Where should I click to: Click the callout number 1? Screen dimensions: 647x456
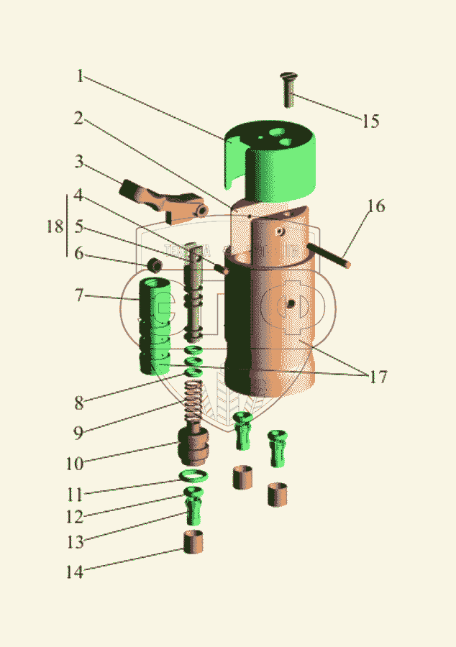tap(81, 76)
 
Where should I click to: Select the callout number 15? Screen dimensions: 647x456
tap(370, 121)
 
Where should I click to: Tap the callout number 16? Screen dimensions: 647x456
tap(376, 207)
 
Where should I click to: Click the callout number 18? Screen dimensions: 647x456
tap(53, 226)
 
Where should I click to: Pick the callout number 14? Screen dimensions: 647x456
tap(74, 572)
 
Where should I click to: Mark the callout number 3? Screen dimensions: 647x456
tap(80, 162)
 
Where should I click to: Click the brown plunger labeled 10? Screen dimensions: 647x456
tap(193, 445)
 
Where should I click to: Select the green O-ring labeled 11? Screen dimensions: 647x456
tap(193, 476)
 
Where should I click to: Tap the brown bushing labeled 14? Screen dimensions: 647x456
tap(192, 542)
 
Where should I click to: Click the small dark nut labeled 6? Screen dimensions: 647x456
tap(154, 266)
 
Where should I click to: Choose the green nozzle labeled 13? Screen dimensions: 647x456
tap(192, 509)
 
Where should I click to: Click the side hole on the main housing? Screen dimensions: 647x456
tap(290, 304)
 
